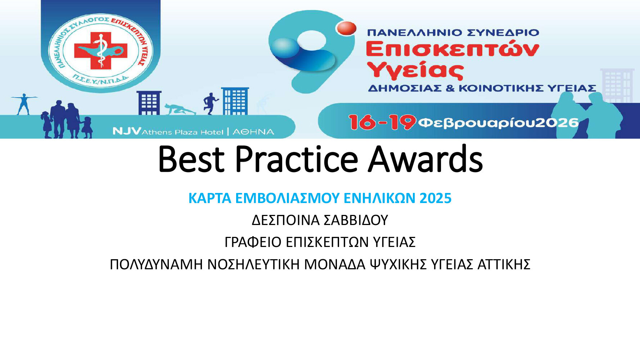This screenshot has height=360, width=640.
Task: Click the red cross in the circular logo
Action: pyautogui.click(x=101, y=51)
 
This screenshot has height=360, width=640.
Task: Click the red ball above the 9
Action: pyautogui.click(x=346, y=28)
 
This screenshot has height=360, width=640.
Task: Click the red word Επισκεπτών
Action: pyautogui.click(x=452, y=50)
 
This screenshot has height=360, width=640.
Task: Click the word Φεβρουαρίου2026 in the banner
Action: pyautogui.click(x=499, y=123)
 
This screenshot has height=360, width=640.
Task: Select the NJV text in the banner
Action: pyautogui.click(x=127, y=131)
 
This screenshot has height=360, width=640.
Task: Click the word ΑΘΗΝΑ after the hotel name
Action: pyautogui.click(x=253, y=132)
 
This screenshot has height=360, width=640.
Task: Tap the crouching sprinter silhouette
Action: pyautogui.click(x=180, y=109)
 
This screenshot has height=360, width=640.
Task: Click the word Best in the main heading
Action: pyautogui.click(x=191, y=159)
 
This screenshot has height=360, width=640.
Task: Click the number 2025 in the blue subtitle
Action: pyautogui.click(x=436, y=198)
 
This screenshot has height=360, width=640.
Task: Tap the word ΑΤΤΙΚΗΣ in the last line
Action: pyautogui.click(x=504, y=265)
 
